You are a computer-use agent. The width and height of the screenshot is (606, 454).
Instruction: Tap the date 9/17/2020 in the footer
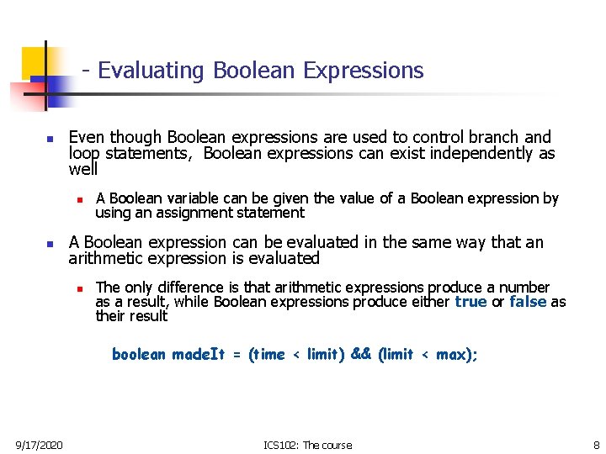[x=39, y=445]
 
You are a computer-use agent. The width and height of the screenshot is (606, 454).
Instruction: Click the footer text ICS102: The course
[x=308, y=445]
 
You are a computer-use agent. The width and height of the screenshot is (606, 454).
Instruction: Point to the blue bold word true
[x=470, y=302]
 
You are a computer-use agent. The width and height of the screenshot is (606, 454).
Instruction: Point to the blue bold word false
[x=528, y=302]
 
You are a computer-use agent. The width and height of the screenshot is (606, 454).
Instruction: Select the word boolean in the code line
[x=139, y=355]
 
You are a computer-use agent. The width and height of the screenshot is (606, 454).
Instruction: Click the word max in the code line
[x=450, y=355]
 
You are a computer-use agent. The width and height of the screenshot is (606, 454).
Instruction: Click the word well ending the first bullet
[x=82, y=170]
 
